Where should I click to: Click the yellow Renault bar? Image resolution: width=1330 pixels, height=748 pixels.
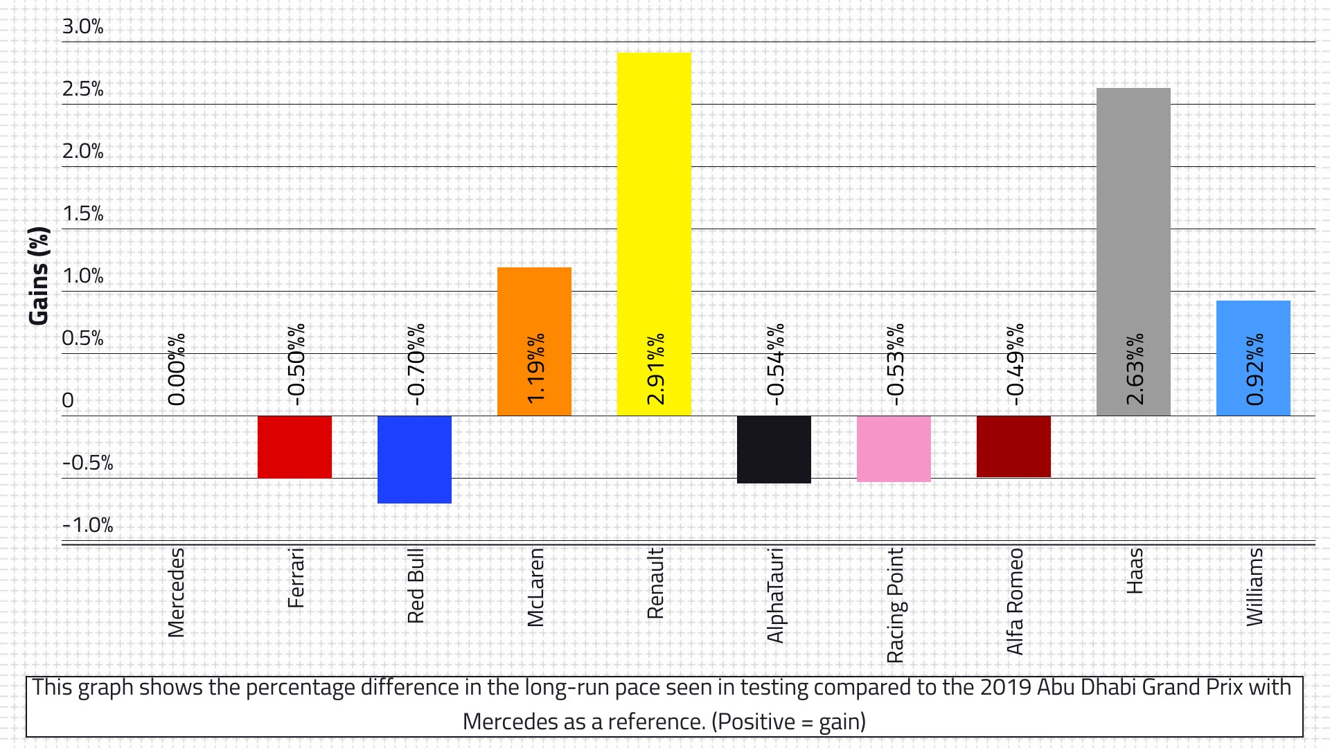click(654, 208)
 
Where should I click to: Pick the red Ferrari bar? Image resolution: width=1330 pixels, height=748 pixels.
click(294, 447)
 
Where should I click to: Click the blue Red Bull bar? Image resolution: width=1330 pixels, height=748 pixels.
click(414, 459)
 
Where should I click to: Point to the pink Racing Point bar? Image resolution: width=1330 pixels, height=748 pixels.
click(894, 449)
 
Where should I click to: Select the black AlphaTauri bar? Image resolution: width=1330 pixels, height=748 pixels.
click(774, 449)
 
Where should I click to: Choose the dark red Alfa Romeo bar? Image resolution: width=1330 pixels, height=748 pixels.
click(1013, 446)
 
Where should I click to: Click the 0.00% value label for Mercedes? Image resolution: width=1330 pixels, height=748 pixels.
click(177, 369)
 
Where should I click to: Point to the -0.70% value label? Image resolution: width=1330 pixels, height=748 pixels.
click(416, 364)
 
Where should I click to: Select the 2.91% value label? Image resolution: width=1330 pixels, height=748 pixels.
click(655, 369)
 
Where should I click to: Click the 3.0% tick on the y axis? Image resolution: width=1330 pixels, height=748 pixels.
click(82, 26)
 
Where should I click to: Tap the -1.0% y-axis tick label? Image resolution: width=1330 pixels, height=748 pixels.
click(87, 525)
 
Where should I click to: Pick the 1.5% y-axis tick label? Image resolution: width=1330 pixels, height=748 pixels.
click(82, 213)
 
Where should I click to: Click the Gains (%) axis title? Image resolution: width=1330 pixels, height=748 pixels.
click(39, 276)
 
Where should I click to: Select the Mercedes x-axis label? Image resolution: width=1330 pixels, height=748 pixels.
click(177, 592)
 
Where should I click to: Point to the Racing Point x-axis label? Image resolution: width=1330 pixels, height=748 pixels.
click(895, 605)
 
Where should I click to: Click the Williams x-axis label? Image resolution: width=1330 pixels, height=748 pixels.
click(1254, 587)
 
